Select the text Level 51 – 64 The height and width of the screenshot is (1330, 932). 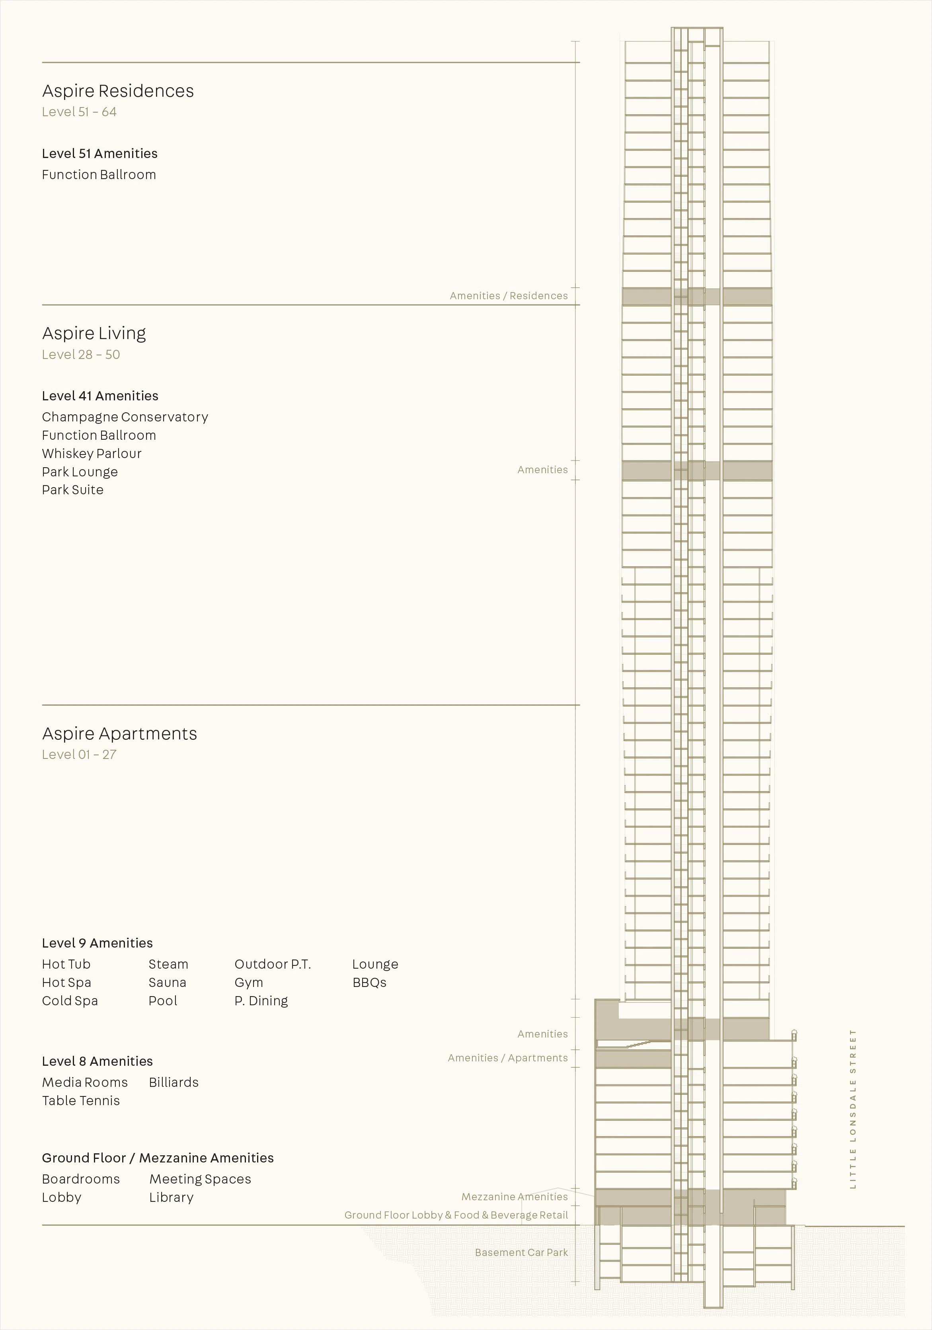79,112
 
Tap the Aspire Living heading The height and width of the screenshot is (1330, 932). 94,333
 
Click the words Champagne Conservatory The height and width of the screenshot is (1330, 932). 125,417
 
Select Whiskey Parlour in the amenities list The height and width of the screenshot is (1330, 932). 92,454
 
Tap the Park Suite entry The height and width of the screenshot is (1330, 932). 73,490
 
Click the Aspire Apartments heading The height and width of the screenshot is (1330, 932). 120,734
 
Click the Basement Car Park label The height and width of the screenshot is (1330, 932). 521,1252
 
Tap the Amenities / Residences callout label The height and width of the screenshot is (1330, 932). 509,296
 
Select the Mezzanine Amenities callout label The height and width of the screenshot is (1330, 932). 515,1197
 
